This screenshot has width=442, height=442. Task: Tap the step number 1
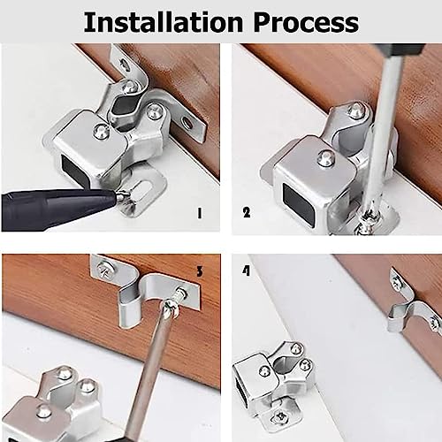tap(200, 212)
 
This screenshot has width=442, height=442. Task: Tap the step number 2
tap(247, 212)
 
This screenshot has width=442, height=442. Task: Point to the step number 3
tap(200, 271)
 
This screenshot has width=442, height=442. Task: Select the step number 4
tap(246, 271)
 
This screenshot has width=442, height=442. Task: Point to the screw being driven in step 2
tap(364, 225)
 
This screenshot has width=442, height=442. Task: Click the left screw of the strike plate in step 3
tap(110, 264)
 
